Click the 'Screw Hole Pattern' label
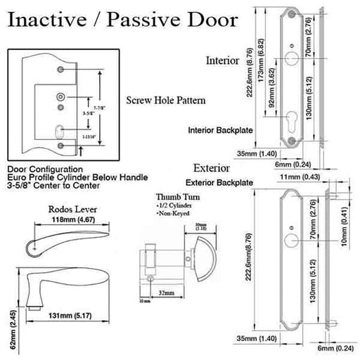(x=165, y=101)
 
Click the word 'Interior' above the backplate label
(x=224, y=60)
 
